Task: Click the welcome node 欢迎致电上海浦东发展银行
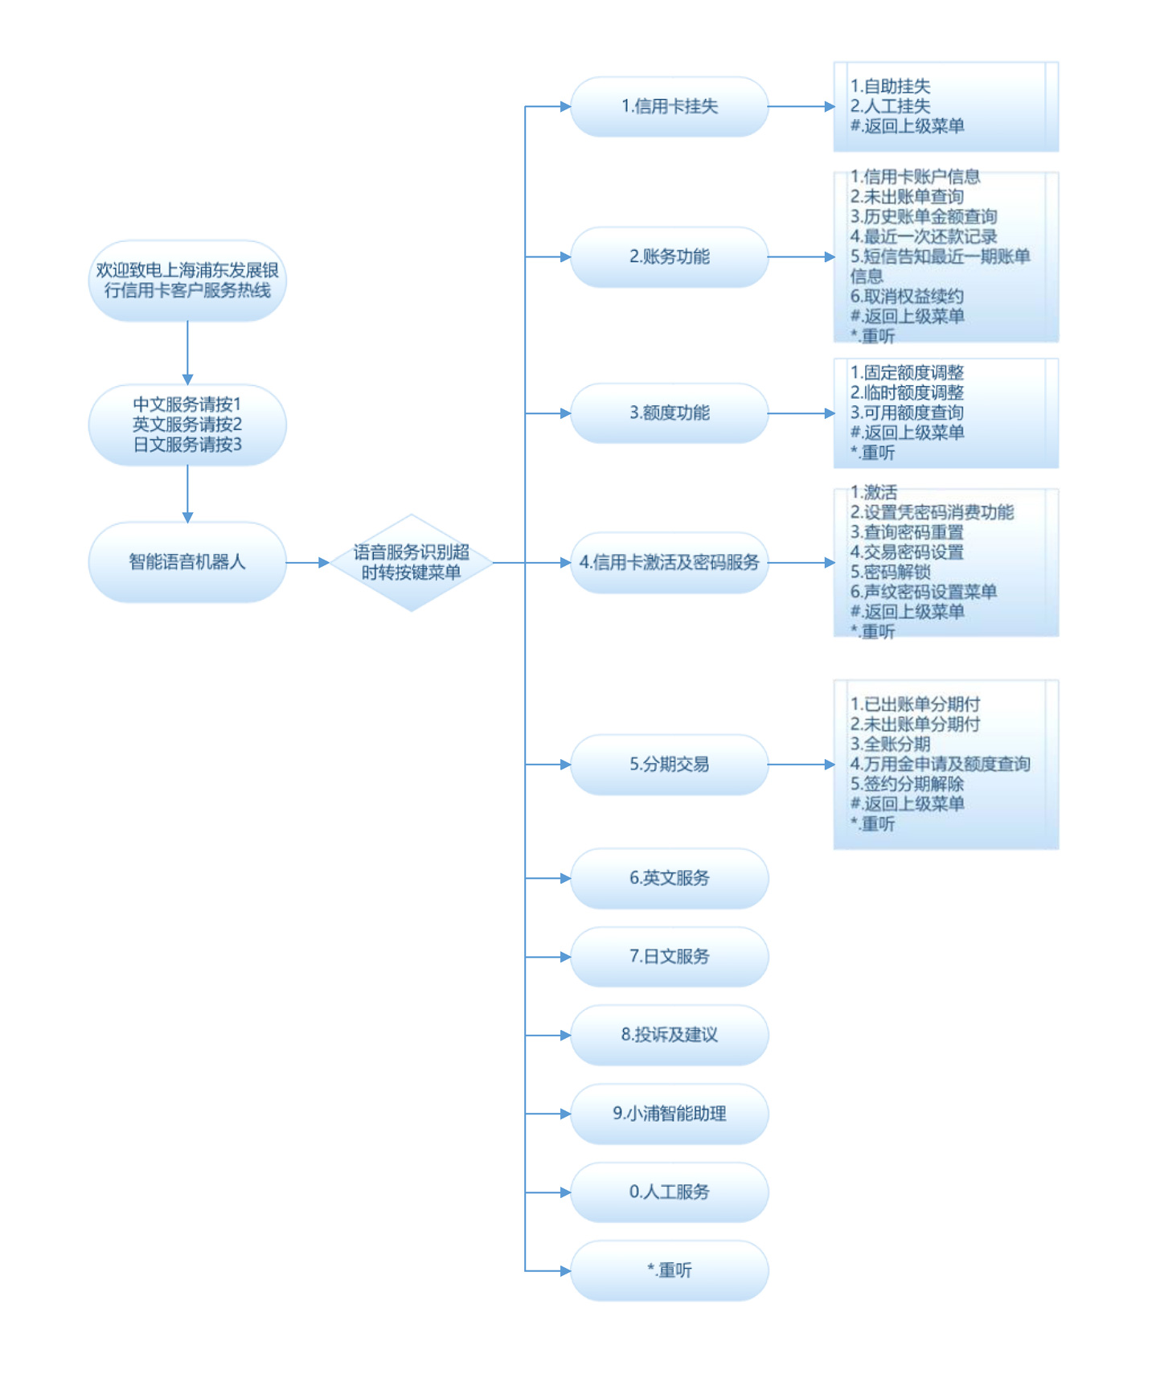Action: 187,281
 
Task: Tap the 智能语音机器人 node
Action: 187,562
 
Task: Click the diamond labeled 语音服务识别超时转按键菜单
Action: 411,562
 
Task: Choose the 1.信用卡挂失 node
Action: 669,106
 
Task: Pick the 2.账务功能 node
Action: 669,256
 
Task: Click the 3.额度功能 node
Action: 669,413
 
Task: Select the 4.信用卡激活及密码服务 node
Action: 669,562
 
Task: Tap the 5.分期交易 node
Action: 669,764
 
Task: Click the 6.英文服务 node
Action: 669,878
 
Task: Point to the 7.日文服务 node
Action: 669,956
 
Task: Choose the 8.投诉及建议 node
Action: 669,1035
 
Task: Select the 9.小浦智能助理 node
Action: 669,1114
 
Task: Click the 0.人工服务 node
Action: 669,1192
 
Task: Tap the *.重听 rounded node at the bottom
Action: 669,1270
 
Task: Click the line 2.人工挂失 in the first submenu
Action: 890,106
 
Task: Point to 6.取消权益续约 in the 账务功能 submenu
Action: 906,297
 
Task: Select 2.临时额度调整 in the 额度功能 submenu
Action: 906,393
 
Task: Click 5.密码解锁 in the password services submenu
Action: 890,572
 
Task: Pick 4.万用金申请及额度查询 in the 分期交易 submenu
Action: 939,764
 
